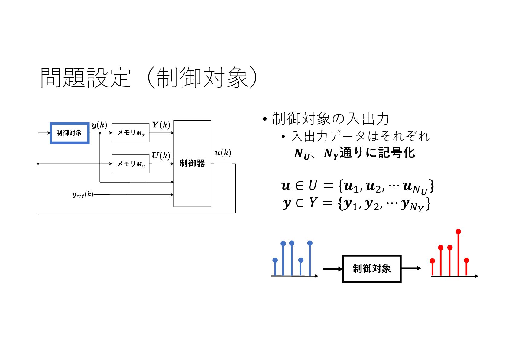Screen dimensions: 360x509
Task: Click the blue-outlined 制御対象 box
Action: [69, 133]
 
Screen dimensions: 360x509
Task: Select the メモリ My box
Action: [131, 133]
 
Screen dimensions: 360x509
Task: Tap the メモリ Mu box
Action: [131, 164]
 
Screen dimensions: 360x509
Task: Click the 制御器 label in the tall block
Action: [192, 163]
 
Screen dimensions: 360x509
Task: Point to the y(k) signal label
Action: [99, 125]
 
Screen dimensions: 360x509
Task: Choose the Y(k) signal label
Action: [161, 125]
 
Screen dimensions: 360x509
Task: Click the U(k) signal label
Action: [161, 155]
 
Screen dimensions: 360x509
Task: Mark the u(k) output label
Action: [222, 153]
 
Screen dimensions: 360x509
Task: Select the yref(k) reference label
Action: [83, 195]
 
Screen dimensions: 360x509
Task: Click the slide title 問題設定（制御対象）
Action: [149, 78]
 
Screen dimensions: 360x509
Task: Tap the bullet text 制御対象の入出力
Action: [330, 118]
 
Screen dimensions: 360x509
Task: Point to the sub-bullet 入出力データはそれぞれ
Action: [360, 136]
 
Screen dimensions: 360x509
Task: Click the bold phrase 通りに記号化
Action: [377, 153]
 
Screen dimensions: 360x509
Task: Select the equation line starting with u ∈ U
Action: [357, 186]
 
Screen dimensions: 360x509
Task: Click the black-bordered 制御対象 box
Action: [371, 269]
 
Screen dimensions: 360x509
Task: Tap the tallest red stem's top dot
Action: [458, 232]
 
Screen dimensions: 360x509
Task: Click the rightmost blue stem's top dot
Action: [310, 243]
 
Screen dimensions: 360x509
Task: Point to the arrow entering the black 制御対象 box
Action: [332, 269]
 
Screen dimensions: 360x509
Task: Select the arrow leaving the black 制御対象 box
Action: [411, 268]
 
